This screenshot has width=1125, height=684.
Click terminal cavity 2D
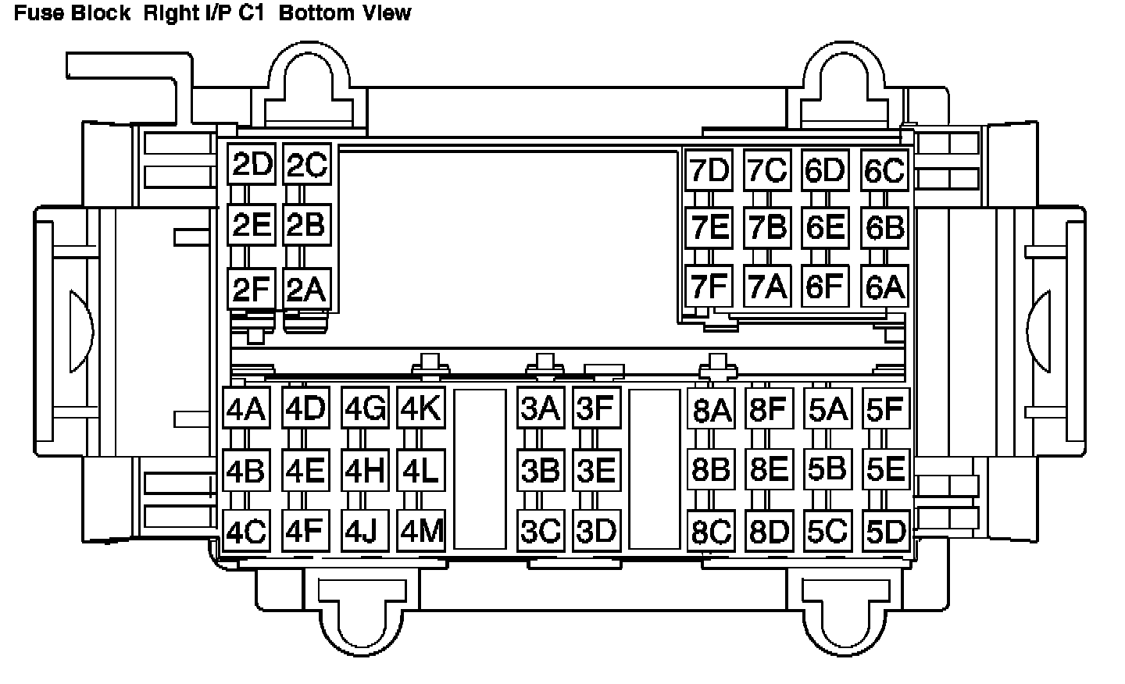coord(252,165)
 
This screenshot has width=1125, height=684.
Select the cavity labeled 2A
coord(305,290)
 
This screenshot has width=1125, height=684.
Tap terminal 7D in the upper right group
coord(709,170)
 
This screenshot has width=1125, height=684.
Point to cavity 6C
coord(884,170)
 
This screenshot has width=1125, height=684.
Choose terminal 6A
coord(884,287)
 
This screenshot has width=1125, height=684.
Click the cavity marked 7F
coord(709,287)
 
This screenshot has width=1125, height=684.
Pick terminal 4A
coord(246,408)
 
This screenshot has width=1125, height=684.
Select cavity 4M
coord(421,531)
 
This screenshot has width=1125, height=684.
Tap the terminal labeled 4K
coord(421,408)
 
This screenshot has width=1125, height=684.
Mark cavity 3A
coord(541,408)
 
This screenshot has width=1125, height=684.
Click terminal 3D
coord(596,531)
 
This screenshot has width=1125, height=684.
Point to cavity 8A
coord(711,410)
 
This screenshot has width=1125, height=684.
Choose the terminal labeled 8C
coord(711,532)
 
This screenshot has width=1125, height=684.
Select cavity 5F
coord(885,408)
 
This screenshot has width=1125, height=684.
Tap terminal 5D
coord(885,532)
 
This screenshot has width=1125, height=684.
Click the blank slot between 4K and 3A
coord(480,468)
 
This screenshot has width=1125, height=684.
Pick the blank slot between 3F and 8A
coord(654,468)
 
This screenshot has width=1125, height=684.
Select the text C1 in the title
coord(253,13)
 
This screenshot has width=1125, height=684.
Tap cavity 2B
coord(305,225)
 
